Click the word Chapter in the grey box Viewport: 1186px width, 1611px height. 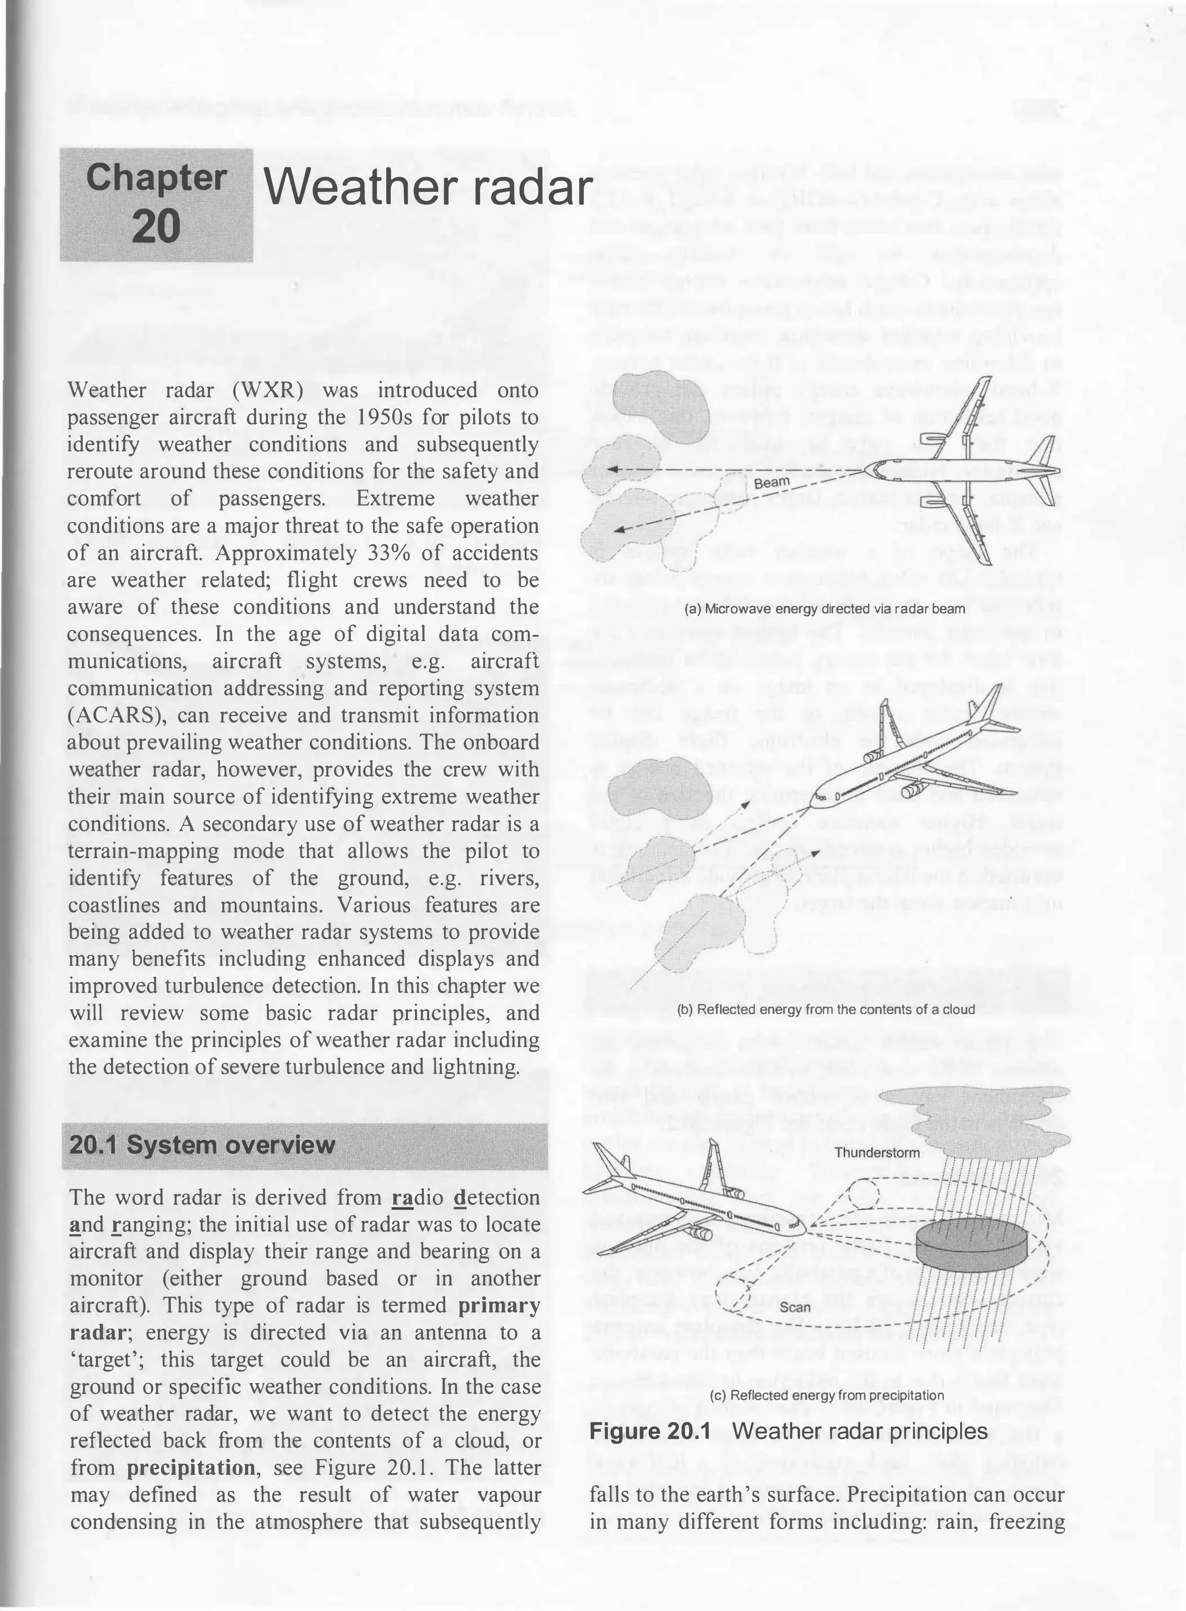[156, 178]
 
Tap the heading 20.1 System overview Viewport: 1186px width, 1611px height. [203, 1144]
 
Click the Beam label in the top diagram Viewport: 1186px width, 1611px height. [772, 482]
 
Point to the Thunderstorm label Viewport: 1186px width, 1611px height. [877, 1153]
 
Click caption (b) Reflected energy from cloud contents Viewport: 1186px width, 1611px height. [826, 1009]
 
